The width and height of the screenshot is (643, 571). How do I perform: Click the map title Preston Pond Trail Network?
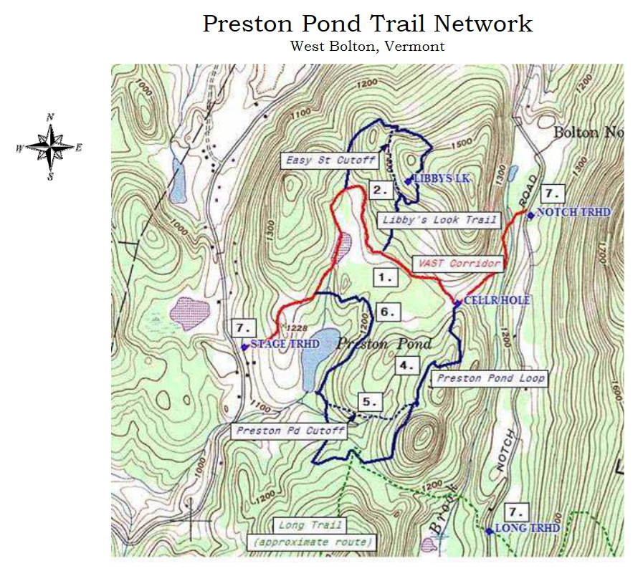[x=367, y=23]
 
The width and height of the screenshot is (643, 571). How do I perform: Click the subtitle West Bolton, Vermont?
[x=367, y=47]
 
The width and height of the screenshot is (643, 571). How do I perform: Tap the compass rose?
[x=49, y=147]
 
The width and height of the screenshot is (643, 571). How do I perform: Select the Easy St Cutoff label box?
[x=330, y=160]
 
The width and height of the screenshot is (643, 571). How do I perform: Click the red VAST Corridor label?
[x=456, y=264]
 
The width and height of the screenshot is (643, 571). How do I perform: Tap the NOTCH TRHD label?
[x=573, y=213]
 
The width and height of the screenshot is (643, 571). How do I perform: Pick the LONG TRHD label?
[x=528, y=529]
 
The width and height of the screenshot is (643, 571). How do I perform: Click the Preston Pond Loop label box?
[x=491, y=378]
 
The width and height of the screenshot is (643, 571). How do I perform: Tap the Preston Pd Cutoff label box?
[x=290, y=431]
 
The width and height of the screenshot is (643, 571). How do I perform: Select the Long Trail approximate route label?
[x=313, y=534]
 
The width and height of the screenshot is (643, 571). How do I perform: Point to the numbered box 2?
[x=381, y=190]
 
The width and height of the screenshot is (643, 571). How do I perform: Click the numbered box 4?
[x=407, y=365]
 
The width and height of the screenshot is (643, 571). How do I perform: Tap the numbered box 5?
[x=369, y=402]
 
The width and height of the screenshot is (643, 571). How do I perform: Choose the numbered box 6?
[x=386, y=312]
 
